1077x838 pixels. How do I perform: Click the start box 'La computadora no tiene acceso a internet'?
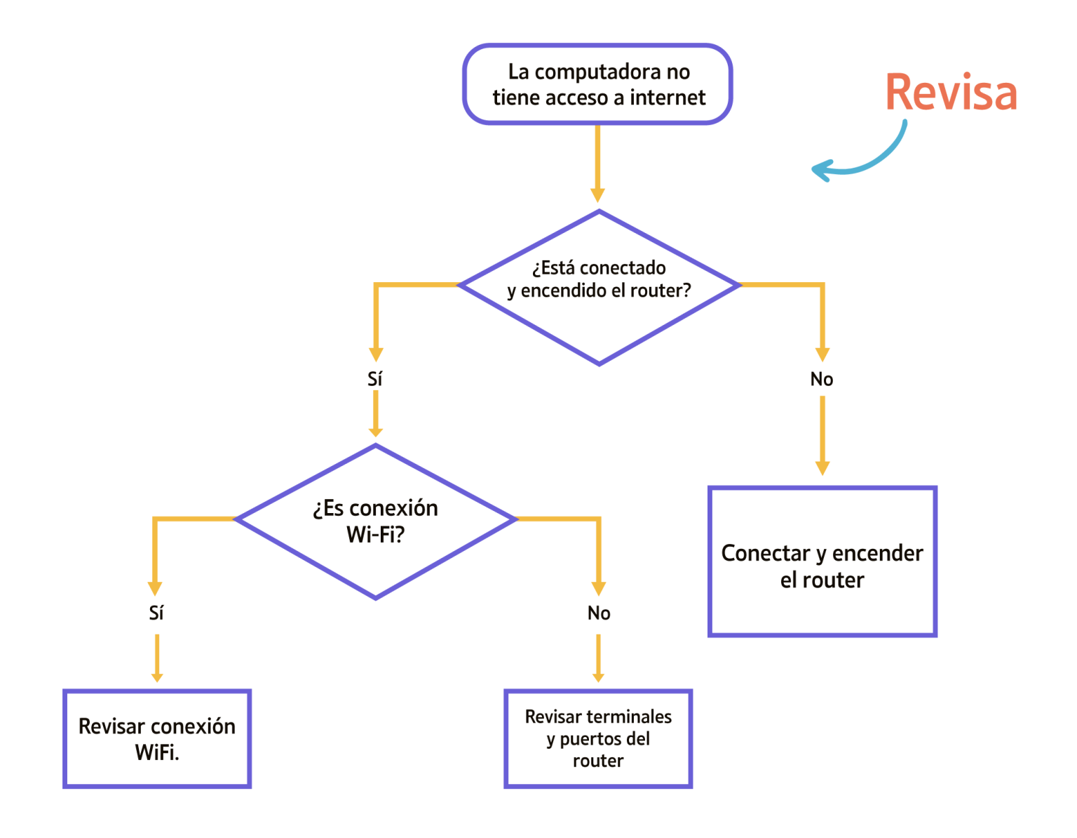click(597, 84)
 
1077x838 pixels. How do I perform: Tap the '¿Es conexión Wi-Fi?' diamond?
click(376, 521)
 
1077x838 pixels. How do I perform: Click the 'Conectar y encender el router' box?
click(822, 561)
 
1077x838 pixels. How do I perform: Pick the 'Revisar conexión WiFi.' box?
click(157, 738)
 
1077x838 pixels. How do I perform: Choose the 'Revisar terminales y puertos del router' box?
click(598, 738)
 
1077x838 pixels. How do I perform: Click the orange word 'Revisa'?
click(951, 93)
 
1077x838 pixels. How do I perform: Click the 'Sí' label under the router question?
click(375, 379)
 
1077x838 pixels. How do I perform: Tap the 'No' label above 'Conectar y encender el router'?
click(822, 379)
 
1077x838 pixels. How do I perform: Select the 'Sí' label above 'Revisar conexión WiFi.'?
click(156, 613)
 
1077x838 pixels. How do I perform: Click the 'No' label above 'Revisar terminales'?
click(599, 613)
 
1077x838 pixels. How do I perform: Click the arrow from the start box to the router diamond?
click(597, 163)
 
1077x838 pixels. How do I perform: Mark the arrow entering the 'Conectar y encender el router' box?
click(822, 435)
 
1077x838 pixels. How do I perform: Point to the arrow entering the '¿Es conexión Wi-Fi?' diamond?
click(376, 414)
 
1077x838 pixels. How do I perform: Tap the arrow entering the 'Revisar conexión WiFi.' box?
click(157, 658)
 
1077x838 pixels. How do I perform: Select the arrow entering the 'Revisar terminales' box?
click(598, 658)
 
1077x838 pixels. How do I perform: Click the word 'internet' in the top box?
click(668, 98)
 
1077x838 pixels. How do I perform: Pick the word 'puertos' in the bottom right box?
click(591, 738)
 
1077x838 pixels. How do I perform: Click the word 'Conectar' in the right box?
click(764, 553)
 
